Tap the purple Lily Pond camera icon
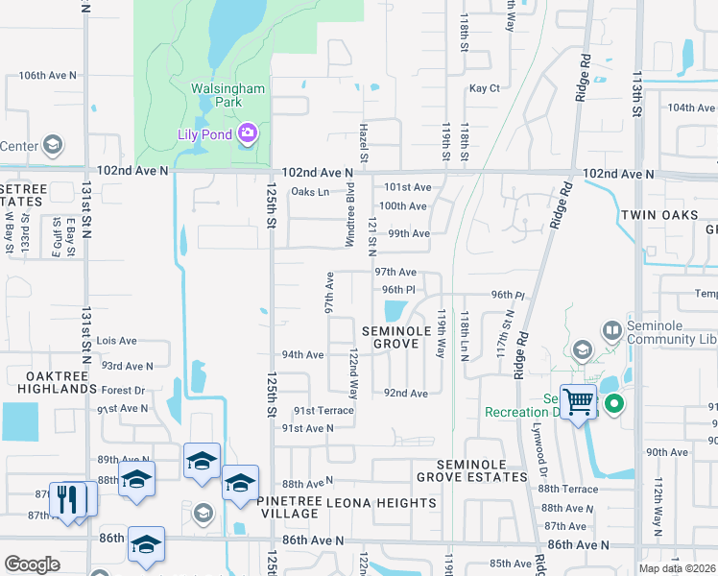(x=247, y=132)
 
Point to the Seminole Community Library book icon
(x=612, y=330)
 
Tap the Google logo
(x=32, y=564)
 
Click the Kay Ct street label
(x=485, y=88)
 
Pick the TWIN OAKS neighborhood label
(x=662, y=215)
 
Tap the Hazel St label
(x=365, y=142)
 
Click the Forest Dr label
(x=123, y=391)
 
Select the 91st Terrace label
(x=323, y=410)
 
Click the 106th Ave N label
(x=46, y=75)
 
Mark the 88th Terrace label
(x=569, y=490)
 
